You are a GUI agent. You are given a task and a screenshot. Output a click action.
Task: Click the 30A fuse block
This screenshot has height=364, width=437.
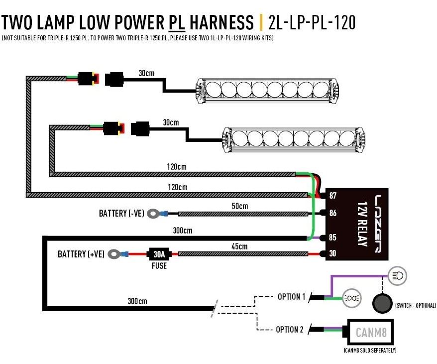159,254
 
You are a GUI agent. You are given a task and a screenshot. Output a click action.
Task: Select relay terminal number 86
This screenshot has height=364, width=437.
333,214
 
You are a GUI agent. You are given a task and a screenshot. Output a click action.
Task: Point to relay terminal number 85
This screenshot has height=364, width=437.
333,238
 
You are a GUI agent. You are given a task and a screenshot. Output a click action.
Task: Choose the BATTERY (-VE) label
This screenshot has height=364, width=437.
121,214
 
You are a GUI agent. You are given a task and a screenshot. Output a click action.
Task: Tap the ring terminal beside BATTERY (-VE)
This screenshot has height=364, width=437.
154,214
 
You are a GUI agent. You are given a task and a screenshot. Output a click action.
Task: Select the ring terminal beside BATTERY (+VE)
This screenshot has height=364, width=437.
115,254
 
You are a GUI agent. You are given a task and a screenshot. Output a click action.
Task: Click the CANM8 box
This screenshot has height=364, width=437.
371,331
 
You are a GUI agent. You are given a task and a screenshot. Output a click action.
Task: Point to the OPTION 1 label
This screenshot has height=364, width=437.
291,297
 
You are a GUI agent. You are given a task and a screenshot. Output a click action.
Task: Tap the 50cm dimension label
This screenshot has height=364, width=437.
239,206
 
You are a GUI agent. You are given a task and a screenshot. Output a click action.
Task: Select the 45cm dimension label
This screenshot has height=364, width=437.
239,246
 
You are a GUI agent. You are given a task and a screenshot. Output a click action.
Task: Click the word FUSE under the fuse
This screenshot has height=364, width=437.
159,266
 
